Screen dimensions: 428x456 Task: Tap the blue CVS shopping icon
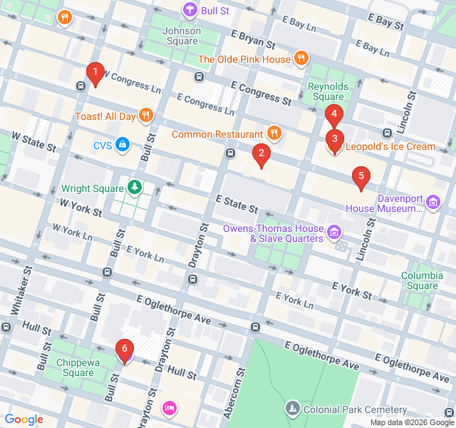coord(123,146)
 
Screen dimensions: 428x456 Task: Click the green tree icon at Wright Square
coord(135,188)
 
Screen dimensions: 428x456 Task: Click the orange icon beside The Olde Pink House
coord(301,59)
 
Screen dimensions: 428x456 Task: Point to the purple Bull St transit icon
coord(190,10)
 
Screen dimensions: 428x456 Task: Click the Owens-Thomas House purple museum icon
coord(333,233)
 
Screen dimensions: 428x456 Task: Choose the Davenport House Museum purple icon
coord(432,203)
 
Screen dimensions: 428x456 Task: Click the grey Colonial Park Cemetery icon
coord(292,409)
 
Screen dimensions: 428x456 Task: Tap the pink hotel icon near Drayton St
coord(170,408)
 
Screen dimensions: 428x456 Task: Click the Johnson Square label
coord(181,36)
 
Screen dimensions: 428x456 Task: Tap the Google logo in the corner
coord(24,419)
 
